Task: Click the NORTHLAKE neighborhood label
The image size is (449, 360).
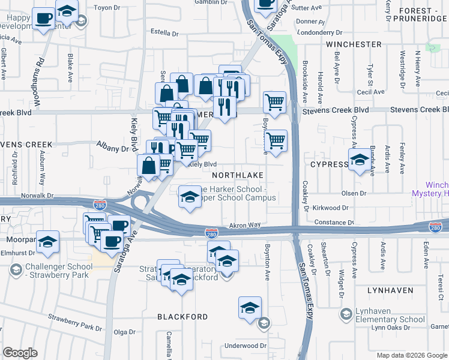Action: pos(237,175)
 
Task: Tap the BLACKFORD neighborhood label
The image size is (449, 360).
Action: pos(182,316)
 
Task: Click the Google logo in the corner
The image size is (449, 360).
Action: pos(20,353)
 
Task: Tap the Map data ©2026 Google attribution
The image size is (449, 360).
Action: pos(412,355)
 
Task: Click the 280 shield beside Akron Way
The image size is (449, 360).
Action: pos(211,233)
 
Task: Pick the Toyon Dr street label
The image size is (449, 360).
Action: pos(107,8)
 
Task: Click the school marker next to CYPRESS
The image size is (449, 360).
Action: pos(360,161)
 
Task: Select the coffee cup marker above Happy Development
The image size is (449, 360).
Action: pos(43,19)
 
